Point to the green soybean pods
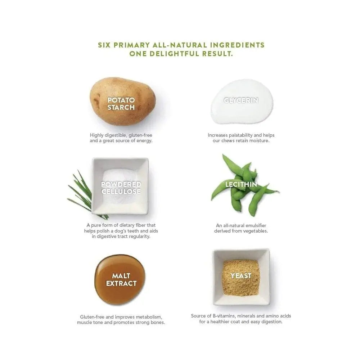[x=245, y=185]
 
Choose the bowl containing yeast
[x=241, y=276]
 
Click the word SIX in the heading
[x=105, y=45]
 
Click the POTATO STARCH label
[x=121, y=104]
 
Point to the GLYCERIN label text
[x=241, y=100]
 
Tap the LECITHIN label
[x=241, y=184]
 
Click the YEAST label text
[x=241, y=276]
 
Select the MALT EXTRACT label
[x=121, y=280]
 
